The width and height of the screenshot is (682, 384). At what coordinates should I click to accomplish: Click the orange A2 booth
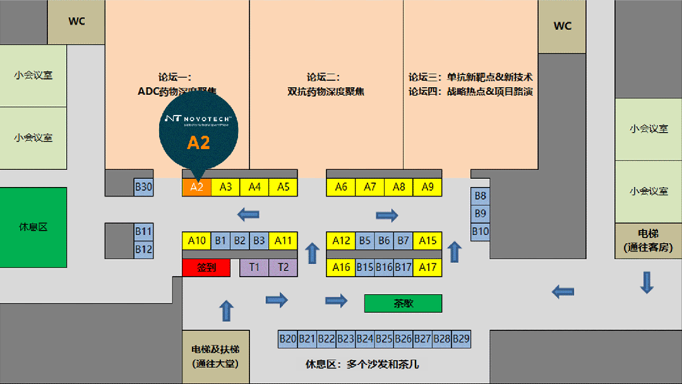point(196,187)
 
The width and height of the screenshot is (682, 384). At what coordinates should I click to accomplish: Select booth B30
point(143,187)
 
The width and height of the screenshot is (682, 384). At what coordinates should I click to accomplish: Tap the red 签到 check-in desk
point(206,267)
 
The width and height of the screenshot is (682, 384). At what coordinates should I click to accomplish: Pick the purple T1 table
point(254,267)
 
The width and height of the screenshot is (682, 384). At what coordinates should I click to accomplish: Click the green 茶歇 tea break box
point(403,303)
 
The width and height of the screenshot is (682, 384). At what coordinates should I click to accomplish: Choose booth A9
point(428,187)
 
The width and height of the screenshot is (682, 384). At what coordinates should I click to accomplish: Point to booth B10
point(480,231)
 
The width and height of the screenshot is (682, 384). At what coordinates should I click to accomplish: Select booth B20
point(288,339)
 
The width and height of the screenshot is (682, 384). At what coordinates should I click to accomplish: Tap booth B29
point(461,339)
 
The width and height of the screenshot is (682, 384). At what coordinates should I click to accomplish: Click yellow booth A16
point(341,267)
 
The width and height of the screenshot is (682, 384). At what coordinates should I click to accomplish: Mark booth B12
point(143,249)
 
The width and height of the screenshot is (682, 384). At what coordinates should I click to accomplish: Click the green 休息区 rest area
point(33,227)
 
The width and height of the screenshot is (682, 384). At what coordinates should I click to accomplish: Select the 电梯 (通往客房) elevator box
point(648,241)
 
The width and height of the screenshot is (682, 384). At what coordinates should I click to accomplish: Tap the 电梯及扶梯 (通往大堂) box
point(215,356)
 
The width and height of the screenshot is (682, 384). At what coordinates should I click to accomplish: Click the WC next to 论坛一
point(76,21)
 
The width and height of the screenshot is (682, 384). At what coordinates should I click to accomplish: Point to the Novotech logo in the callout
point(198,119)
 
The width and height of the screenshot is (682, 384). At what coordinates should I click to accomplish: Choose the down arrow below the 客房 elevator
point(646,282)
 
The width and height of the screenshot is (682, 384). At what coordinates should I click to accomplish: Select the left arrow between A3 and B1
point(248,215)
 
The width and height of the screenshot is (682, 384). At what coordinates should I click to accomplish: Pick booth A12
point(341,240)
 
